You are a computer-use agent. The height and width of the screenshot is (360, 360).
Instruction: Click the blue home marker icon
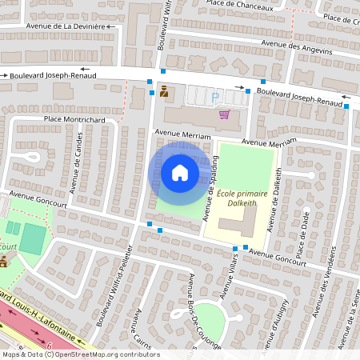[180, 172]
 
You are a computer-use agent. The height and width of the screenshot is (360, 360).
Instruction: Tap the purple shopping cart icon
[224, 114]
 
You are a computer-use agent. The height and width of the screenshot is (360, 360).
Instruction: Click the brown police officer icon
[164, 91]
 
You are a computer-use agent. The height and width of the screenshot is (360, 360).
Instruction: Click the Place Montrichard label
[74, 120]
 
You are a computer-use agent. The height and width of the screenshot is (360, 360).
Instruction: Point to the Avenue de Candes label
[78, 163]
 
